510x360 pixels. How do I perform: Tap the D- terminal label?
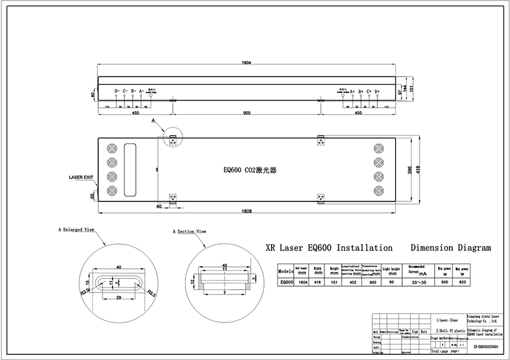pyautogui.click(x=117, y=91)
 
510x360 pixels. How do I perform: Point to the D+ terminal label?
pyautogui.click(x=377, y=91)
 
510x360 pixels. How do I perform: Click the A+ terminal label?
pyautogui.click(x=352, y=91)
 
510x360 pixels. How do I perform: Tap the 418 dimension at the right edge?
pyautogui.click(x=419, y=169)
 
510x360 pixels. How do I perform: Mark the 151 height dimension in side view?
pyautogui.click(x=419, y=89)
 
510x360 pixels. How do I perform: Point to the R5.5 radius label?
pyautogui.click(x=151, y=295)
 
